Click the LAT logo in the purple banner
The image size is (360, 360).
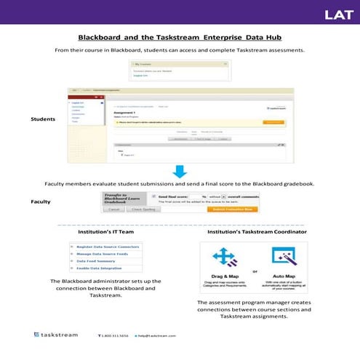339,14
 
